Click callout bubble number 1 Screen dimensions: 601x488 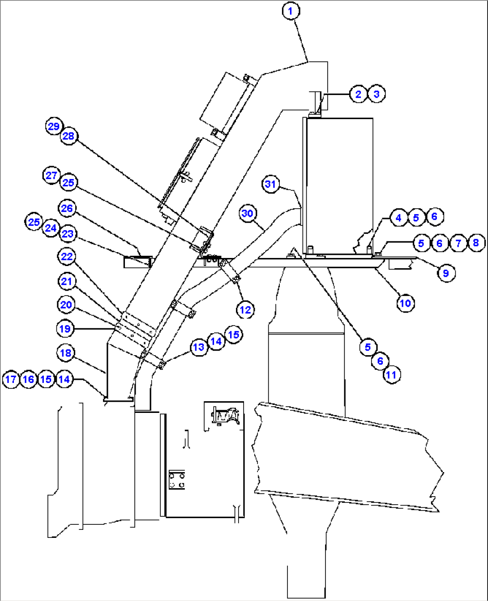tap(291, 11)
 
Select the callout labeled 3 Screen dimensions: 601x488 tap(376, 94)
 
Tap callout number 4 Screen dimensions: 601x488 tap(398, 218)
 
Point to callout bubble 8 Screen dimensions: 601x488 tap(475, 243)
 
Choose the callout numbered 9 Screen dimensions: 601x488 tap(446, 273)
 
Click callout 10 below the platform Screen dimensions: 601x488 tap(405, 303)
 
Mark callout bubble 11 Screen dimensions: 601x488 tap(391, 374)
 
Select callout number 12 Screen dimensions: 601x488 tap(245, 309)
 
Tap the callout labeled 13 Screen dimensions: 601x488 tap(198, 347)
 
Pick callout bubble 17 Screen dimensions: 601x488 tap(11, 380)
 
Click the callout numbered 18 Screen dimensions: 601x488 tap(66, 353)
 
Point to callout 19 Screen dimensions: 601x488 tap(65, 329)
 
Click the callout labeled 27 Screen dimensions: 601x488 tap(51, 175)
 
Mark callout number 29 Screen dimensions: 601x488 tap(54, 126)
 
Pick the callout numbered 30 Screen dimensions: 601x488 tap(248, 213)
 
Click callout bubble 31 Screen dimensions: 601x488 tap(270, 184)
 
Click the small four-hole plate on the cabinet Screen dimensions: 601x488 tap(176, 480)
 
